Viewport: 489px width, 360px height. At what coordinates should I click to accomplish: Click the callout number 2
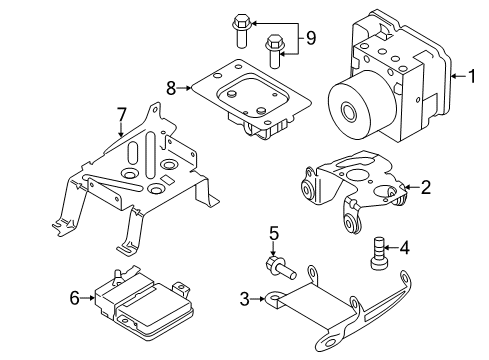(x=425, y=186)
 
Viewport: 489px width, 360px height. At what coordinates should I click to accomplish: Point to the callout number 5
(x=271, y=236)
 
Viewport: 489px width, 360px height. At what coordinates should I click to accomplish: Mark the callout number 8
(x=171, y=88)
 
